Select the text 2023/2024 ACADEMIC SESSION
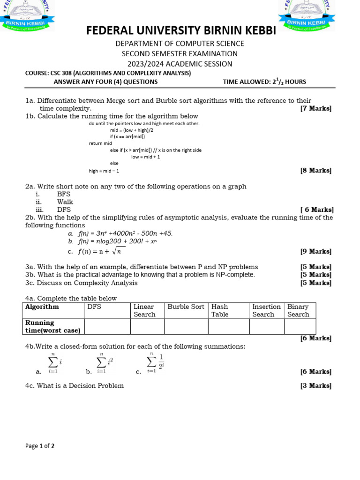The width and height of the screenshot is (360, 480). click(180, 64)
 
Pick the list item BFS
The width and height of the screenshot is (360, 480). click(64, 194)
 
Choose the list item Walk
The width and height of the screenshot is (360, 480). click(65, 202)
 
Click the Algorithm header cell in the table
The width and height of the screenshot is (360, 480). click(42, 307)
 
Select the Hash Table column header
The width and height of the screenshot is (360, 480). click(220, 310)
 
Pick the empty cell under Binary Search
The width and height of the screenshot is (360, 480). click(300, 326)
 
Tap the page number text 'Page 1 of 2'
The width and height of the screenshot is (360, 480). click(40, 446)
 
